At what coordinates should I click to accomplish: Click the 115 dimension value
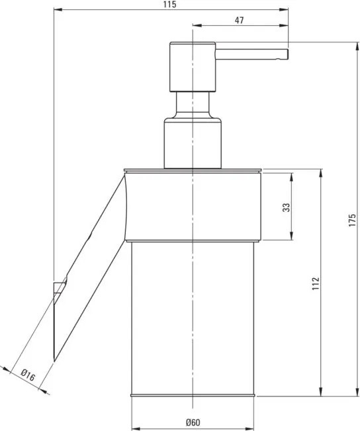pos(169,5)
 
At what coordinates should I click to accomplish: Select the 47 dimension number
pos(239,20)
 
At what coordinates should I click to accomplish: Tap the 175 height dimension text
pos(352,220)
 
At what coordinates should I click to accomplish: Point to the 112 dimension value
pos(316,283)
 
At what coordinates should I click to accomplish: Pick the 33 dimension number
pos(286,207)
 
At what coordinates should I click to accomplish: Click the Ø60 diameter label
pos(193,422)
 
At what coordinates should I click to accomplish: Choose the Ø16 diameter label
pos(28,375)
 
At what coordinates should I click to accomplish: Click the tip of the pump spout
pos(287,54)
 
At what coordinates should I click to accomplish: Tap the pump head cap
pos(193,67)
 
